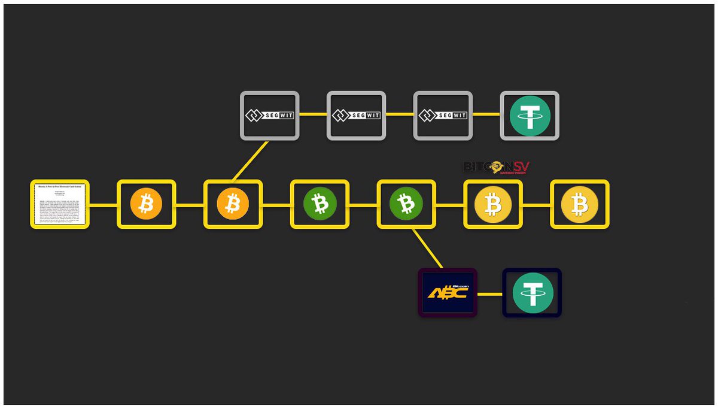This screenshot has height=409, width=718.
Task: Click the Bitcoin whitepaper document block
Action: tap(60, 204)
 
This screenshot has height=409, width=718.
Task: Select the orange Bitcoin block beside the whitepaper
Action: tap(146, 204)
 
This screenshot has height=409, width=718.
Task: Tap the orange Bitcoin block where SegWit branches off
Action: tap(233, 204)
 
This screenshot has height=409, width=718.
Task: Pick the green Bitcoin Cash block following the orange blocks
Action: tap(320, 204)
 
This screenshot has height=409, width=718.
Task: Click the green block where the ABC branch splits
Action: tap(406, 204)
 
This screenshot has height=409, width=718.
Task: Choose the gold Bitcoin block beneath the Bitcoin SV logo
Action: tap(492, 204)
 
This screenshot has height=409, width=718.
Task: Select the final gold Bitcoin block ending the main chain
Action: tap(579, 204)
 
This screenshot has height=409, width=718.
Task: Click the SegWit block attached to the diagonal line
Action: tap(269, 116)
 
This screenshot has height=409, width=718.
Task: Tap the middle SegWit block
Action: tap(356, 116)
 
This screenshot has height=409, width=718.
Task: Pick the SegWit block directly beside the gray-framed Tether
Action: tap(443, 116)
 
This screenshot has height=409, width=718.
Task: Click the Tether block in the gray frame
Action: tap(530, 116)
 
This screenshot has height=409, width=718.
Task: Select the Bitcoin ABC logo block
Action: tap(448, 293)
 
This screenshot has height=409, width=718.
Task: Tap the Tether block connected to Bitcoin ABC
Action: tap(532, 293)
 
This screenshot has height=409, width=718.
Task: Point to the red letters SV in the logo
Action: tap(520, 166)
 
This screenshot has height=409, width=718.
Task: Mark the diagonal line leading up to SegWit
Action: tap(250, 160)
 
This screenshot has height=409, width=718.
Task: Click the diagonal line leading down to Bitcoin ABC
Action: tap(427, 249)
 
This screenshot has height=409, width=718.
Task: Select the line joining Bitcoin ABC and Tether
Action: tap(489, 294)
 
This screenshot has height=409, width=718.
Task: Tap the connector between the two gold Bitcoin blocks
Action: tap(536, 205)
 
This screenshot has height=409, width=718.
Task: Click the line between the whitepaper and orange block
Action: tap(103, 205)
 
